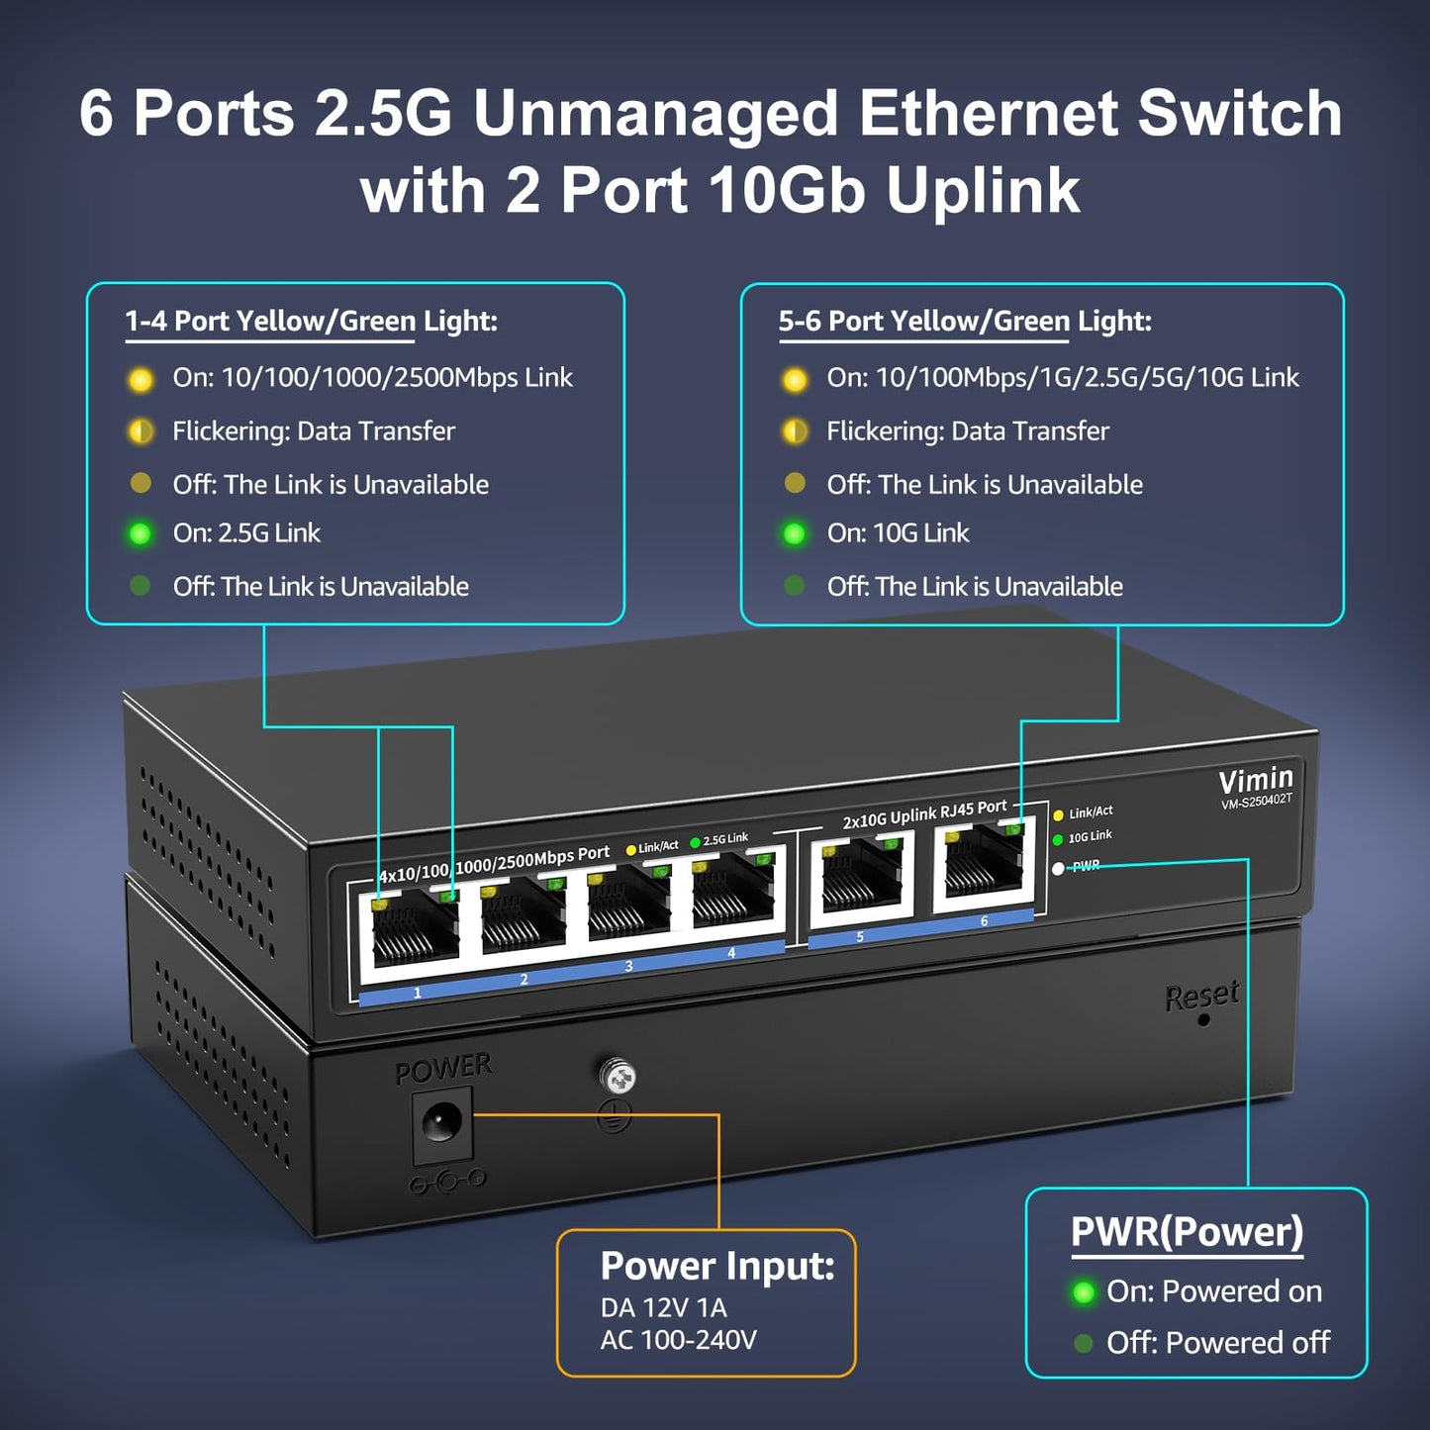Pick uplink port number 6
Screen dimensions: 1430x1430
click(x=983, y=866)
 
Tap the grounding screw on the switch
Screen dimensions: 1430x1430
click(x=617, y=1077)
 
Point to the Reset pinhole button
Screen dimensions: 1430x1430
click(x=1203, y=1019)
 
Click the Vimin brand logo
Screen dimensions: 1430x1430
click(x=1255, y=780)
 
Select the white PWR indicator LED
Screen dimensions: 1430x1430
click(x=1058, y=868)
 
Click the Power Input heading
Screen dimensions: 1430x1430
click(x=716, y=1266)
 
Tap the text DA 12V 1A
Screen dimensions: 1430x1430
click(x=663, y=1307)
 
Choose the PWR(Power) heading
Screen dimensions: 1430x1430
click(x=1187, y=1232)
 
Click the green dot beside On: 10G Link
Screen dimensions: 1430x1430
click(x=794, y=534)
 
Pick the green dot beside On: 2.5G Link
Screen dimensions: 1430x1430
click(x=140, y=534)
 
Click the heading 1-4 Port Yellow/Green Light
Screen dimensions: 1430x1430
click(x=311, y=321)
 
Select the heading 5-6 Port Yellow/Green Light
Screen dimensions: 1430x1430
click(x=965, y=321)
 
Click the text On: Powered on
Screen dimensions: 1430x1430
click(x=1213, y=1291)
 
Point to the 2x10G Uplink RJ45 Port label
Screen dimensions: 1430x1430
click(x=924, y=814)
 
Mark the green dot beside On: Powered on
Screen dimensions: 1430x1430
click(x=1084, y=1292)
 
